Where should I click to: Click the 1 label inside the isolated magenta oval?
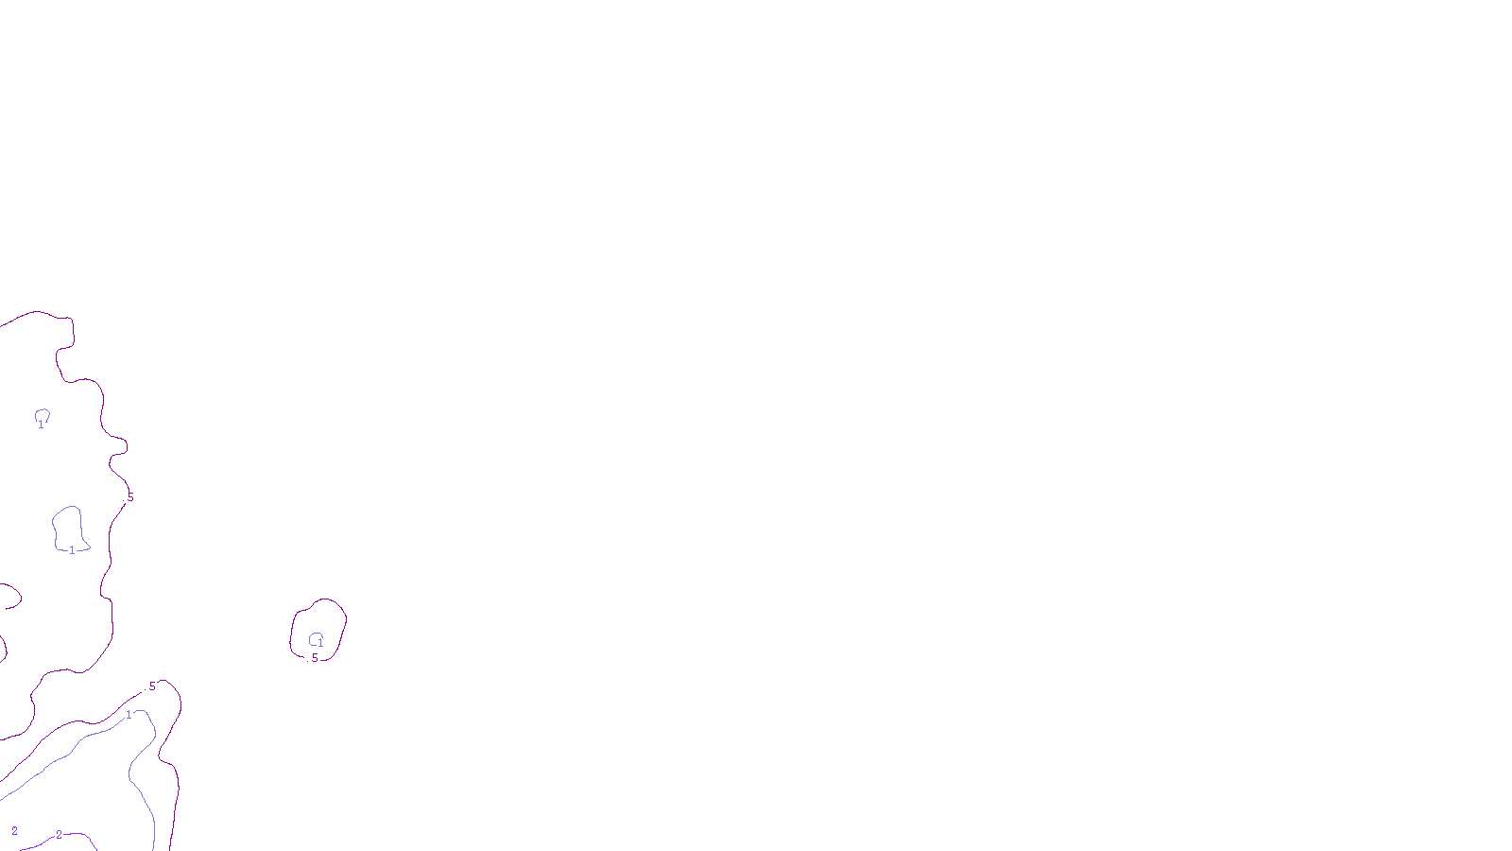pyautogui.click(x=320, y=644)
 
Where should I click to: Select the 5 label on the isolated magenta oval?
pyautogui.click(x=315, y=657)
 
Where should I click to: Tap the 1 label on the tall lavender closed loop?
pyautogui.click(x=72, y=550)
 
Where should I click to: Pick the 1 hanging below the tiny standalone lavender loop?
pyautogui.click(x=41, y=425)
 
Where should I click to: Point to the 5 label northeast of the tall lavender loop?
pyautogui.click(x=130, y=497)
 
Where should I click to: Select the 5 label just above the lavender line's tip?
pyautogui.click(x=152, y=686)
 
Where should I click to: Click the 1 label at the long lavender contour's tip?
pyautogui.click(x=129, y=715)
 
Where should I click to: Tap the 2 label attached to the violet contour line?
pyautogui.click(x=59, y=835)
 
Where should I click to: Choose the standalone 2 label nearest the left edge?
pyautogui.click(x=14, y=831)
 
